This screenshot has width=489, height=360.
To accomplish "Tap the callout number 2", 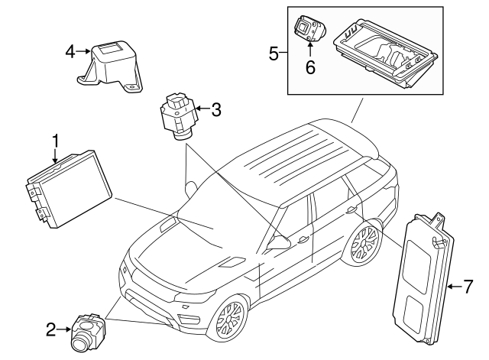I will coord(50,330).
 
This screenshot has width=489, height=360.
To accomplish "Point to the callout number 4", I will coord(70,51).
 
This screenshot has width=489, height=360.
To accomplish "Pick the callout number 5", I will coord(274,54).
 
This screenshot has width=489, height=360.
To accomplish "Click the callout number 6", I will coord(310,66).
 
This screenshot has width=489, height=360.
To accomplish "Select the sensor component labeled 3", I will coord(177,118).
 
